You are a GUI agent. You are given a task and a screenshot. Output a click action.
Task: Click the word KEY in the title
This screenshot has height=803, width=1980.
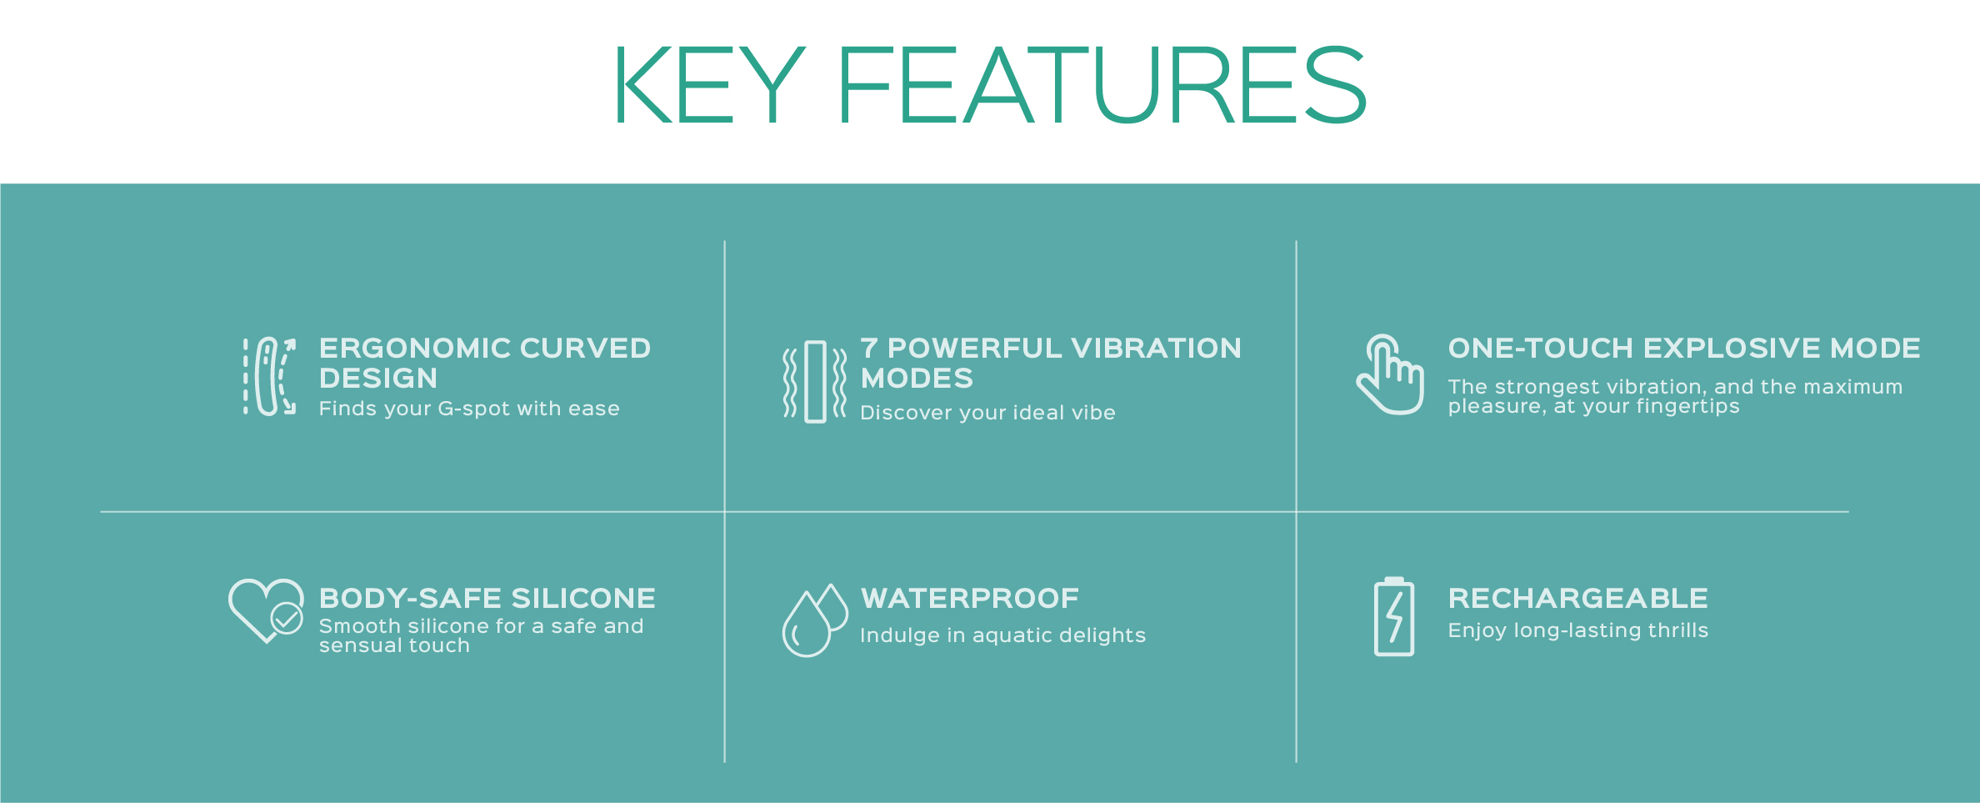pos(710,85)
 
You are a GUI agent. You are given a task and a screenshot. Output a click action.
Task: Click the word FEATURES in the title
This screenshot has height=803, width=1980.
pos(1102,85)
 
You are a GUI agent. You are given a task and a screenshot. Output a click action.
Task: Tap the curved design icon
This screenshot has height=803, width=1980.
pos(269,376)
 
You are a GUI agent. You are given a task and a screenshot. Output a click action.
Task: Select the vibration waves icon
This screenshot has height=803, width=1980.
pos(815,382)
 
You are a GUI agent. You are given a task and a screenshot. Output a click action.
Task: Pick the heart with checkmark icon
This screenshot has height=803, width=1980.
pos(266,611)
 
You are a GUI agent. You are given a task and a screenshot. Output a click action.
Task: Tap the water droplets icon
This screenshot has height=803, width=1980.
pos(814,620)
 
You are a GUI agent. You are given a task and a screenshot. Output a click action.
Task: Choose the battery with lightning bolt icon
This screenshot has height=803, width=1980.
pos(1393,617)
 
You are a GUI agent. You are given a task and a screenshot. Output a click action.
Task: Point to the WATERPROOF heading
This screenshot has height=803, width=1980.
pos(970,598)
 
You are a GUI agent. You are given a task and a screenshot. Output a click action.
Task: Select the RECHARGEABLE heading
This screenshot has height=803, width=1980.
pos(1578,598)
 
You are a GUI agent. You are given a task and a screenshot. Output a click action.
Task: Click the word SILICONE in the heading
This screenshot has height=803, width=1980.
pos(583,598)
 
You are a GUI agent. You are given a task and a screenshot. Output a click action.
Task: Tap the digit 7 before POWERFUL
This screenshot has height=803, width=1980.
pos(869,348)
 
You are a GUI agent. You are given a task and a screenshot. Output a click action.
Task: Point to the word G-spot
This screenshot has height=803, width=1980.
pos(473,409)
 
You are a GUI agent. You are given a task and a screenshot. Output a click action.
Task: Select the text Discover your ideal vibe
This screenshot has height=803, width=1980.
pos(987,413)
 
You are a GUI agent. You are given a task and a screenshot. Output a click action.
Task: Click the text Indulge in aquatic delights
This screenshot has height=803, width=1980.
pos(1003,635)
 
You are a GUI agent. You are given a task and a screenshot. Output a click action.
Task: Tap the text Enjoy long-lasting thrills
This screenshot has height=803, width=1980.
pos(1578,630)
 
